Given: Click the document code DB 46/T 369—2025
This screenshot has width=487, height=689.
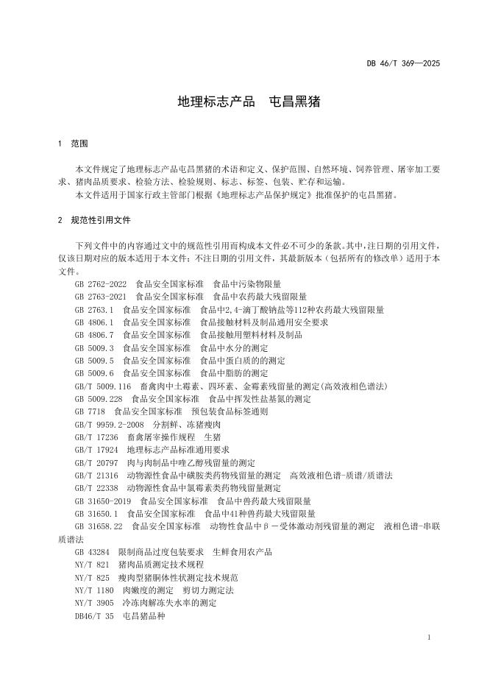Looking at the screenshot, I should (x=403, y=64).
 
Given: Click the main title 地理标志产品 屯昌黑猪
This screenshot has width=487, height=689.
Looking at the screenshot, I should (x=243, y=102).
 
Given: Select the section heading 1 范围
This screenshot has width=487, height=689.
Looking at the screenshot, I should (x=73, y=144).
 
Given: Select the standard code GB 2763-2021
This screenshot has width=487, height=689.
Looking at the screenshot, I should (x=101, y=297).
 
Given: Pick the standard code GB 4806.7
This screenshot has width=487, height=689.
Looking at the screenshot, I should (x=94, y=335).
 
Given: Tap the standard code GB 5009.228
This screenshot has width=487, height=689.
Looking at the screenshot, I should (x=99, y=399).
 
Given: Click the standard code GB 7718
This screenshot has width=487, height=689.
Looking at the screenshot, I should (x=90, y=412).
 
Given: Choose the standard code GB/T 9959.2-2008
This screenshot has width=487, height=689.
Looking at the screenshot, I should (x=109, y=425).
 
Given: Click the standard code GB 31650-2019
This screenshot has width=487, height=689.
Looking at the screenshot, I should (x=103, y=501).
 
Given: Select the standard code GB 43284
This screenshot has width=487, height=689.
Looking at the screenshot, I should (x=92, y=552).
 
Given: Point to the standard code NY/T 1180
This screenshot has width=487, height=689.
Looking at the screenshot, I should (x=94, y=590).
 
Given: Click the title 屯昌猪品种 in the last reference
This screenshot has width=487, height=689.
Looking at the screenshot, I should (x=143, y=616).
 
